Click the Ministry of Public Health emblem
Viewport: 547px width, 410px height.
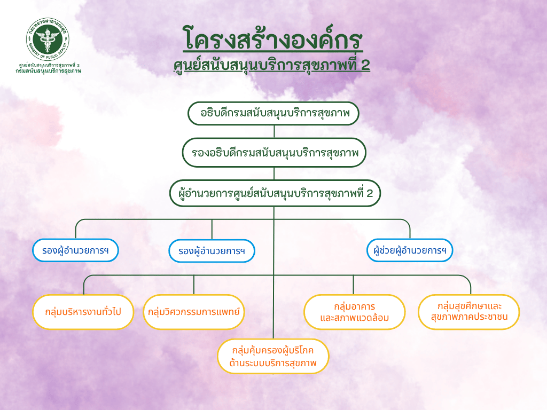[48, 40]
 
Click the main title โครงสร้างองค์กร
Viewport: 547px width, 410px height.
[273, 38]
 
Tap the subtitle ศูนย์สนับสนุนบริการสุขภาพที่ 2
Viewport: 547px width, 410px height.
[272, 65]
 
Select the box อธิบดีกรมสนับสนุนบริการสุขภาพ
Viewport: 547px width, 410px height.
[273, 113]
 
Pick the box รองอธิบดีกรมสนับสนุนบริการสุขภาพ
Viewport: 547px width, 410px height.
[274, 153]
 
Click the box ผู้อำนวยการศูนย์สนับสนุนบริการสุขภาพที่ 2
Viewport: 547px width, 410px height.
[275, 193]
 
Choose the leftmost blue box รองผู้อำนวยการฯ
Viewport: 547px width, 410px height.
[76, 250]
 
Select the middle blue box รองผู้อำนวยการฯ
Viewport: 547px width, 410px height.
[212, 251]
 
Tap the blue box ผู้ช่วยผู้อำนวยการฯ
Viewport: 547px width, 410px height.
[410, 250]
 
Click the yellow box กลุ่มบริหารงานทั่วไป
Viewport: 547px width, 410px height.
[83, 312]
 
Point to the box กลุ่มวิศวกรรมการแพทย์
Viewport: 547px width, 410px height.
[193, 312]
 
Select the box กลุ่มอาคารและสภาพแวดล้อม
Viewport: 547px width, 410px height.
[355, 312]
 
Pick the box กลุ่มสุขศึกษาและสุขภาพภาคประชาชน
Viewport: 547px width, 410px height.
[469, 312]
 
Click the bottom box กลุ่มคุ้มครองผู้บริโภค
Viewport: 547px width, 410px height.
[273, 356]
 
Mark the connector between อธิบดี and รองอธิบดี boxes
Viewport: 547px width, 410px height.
[274, 132]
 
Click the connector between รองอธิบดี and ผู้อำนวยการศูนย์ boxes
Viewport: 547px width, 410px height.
[274, 174]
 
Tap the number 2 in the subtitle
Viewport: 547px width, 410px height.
[365, 65]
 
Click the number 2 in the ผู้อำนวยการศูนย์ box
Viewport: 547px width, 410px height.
[370, 193]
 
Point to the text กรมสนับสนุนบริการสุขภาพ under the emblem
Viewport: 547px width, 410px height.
[48, 71]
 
